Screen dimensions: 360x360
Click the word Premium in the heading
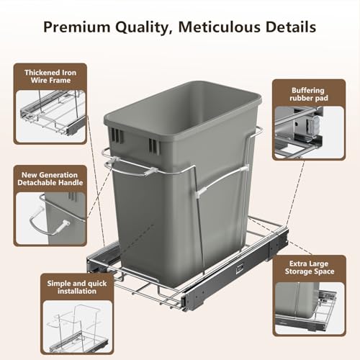76,27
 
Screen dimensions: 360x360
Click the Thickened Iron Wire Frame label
50,76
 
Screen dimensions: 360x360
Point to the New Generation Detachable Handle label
50,179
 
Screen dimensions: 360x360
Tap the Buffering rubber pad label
309,94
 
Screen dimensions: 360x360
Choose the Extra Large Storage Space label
310,267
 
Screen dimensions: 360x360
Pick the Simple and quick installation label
77,287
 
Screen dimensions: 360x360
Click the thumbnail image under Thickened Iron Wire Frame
50,116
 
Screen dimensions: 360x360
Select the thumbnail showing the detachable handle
50,218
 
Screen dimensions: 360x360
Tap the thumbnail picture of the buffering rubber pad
309,132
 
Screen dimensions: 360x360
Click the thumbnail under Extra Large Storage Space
310,308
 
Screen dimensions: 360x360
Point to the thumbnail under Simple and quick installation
78,326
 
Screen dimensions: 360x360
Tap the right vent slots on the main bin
153,145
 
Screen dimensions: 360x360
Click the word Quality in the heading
143,27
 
